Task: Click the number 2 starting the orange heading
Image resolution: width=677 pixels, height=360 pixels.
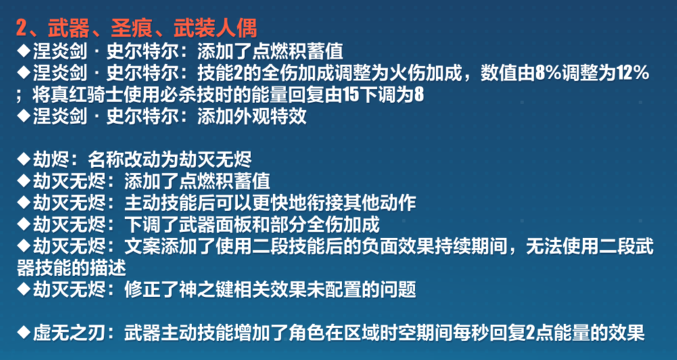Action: pos(22,28)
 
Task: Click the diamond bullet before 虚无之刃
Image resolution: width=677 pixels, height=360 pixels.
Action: pos(23,333)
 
